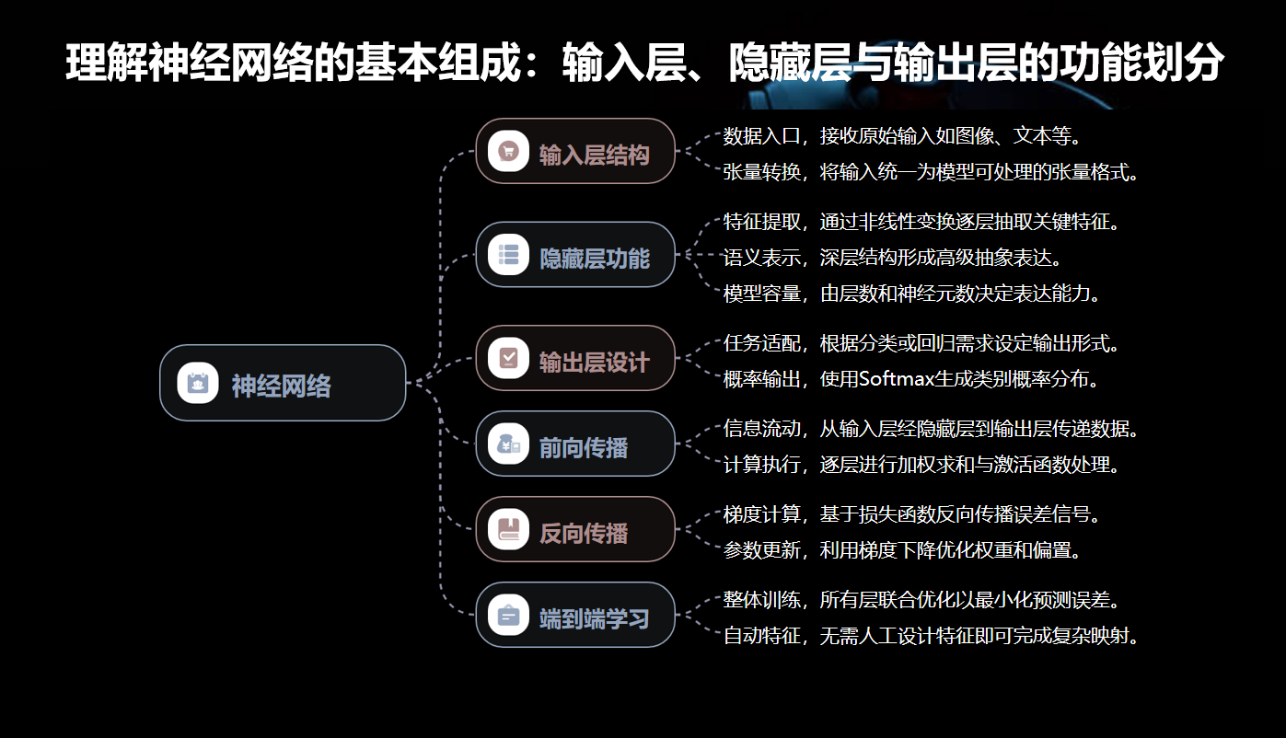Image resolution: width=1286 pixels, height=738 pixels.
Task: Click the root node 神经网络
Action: pos(283,383)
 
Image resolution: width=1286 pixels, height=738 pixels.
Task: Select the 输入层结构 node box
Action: pos(575,152)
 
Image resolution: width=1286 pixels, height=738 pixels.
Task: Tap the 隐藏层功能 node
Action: pos(575,255)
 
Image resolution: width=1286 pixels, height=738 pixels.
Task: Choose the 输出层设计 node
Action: pos(575,359)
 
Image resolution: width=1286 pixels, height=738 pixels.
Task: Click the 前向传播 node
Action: pos(575,444)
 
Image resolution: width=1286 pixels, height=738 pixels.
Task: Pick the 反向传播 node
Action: pos(575,530)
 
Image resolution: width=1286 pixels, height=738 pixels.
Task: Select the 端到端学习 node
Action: pos(575,616)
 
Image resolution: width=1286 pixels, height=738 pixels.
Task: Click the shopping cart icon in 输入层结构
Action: pos(508,152)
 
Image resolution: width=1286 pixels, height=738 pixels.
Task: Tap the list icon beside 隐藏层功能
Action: pos(508,255)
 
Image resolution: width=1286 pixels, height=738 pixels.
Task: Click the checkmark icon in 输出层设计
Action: pos(508,359)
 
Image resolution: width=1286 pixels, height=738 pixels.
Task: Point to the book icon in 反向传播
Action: pos(508,530)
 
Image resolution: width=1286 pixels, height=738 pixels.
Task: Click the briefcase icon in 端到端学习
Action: pos(508,616)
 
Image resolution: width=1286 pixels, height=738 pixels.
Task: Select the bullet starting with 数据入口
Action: pos(900,136)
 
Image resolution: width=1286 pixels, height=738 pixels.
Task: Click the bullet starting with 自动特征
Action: pos(931,635)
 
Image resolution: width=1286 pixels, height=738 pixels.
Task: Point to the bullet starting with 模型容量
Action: pos(911,294)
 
